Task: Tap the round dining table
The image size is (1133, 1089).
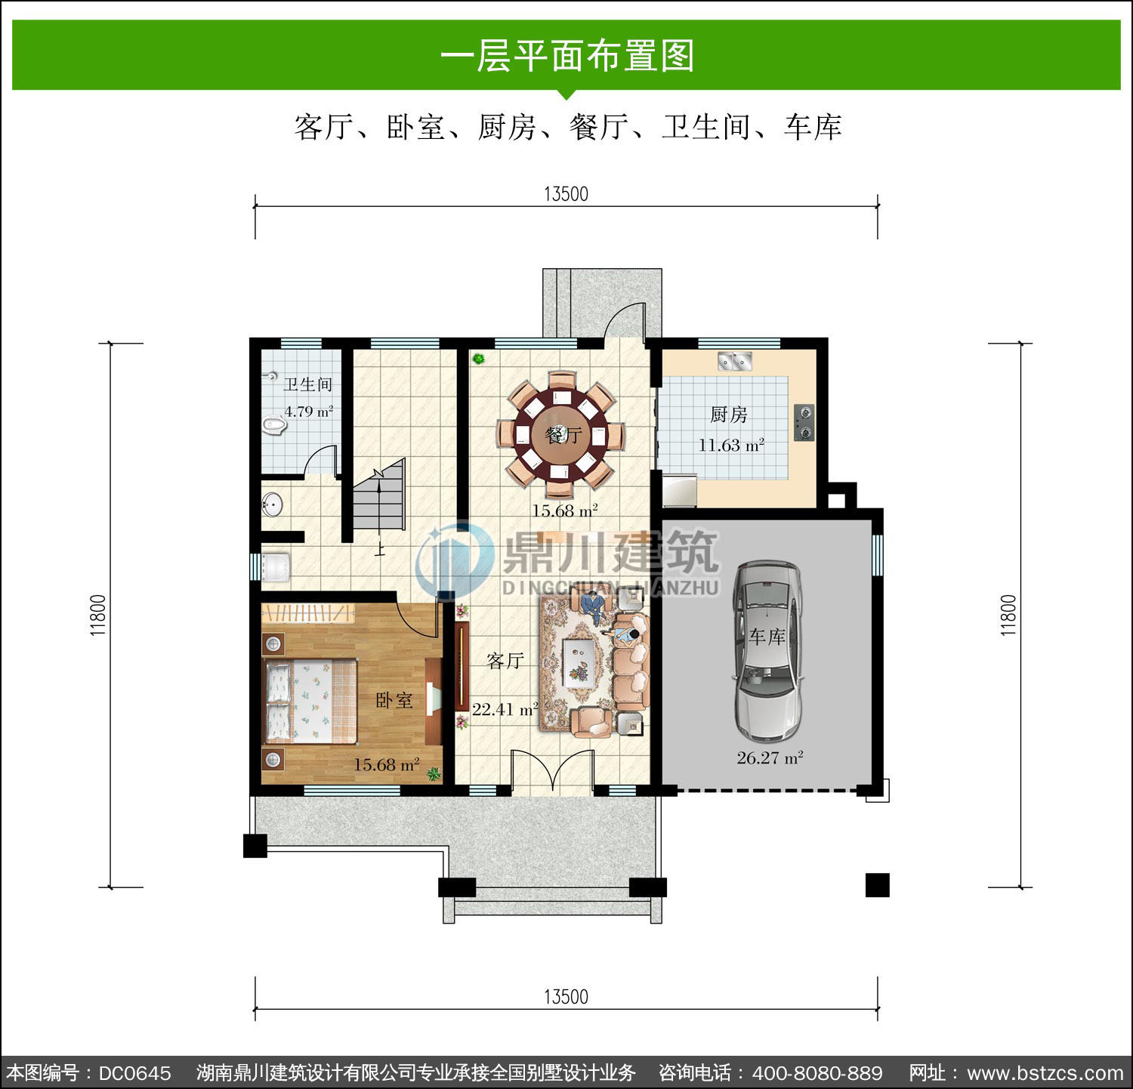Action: click(x=561, y=435)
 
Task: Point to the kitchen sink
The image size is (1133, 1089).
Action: click(x=734, y=362)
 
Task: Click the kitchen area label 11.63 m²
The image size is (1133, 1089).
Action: click(x=731, y=446)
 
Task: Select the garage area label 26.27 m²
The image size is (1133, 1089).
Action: click(x=770, y=758)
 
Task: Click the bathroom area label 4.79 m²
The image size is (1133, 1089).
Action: click(x=308, y=412)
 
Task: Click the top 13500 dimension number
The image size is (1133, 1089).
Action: click(x=566, y=194)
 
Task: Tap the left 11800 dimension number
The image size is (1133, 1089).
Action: click(x=99, y=615)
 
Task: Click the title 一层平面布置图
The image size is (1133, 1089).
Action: click(x=566, y=56)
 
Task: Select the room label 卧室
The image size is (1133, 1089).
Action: click(x=394, y=701)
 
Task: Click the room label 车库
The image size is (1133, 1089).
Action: click(x=767, y=637)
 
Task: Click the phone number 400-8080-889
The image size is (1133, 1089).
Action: click(x=818, y=1073)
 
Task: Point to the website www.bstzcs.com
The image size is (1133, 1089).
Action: click(x=1045, y=1073)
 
